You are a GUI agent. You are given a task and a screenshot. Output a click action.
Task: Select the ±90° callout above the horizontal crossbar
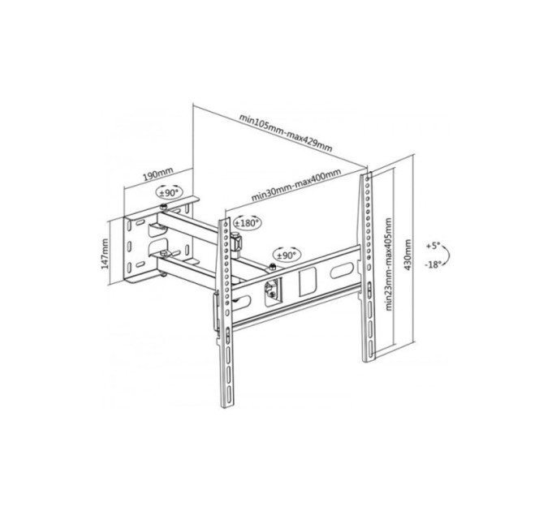pos(287,254)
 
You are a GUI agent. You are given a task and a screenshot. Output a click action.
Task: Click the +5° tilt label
pos(436,245)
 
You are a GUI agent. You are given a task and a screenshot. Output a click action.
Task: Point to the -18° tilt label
pos(436,265)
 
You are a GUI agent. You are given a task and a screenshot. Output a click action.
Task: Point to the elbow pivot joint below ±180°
pos(238,241)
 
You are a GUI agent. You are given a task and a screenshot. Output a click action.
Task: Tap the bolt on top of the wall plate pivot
pos(166,208)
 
